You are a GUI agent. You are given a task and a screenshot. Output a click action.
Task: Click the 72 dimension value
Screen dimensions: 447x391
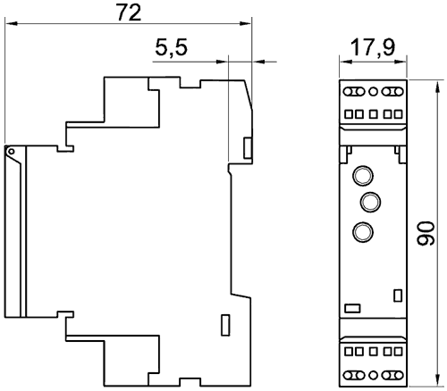(129, 13)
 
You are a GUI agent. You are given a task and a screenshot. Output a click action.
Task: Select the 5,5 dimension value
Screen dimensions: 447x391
(171, 47)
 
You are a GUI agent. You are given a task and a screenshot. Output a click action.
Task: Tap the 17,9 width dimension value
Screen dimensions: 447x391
(373, 47)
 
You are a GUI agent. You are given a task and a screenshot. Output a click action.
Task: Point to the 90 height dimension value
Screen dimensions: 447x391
(426, 233)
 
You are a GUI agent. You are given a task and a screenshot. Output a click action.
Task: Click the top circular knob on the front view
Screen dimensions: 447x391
(363, 175)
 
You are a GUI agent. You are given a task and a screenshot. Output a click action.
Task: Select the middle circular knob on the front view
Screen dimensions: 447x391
(370, 203)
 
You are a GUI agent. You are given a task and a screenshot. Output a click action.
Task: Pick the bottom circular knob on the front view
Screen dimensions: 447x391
(363, 231)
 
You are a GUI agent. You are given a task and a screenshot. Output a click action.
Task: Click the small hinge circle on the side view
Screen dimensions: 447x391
(11, 152)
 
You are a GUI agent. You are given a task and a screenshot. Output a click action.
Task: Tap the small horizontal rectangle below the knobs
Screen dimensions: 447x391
(352, 308)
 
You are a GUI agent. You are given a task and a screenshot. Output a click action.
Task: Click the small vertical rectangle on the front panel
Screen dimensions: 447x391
(398, 295)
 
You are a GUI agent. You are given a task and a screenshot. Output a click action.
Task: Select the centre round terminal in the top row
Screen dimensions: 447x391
(373, 91)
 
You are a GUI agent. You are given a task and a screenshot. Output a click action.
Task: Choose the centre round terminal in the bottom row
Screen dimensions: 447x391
(373, 375)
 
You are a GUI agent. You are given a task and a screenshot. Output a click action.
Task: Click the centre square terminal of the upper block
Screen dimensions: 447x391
(373, 114)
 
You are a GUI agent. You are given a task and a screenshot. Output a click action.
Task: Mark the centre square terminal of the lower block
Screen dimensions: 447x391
(373, 352)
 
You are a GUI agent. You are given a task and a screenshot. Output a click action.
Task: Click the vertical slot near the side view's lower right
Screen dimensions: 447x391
(225, 325)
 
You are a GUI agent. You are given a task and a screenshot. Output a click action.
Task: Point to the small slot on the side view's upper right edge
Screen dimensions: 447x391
(248, 148)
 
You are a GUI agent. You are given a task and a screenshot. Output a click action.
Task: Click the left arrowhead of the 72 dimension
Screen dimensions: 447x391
(11, 23)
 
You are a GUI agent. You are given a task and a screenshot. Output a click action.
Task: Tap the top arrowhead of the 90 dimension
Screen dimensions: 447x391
(437, 87)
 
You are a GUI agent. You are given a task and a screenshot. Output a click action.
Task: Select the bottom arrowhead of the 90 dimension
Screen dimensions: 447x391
(437, 380)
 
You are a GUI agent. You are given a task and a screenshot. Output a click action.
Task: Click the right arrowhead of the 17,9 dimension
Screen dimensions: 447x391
(401, 62)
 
